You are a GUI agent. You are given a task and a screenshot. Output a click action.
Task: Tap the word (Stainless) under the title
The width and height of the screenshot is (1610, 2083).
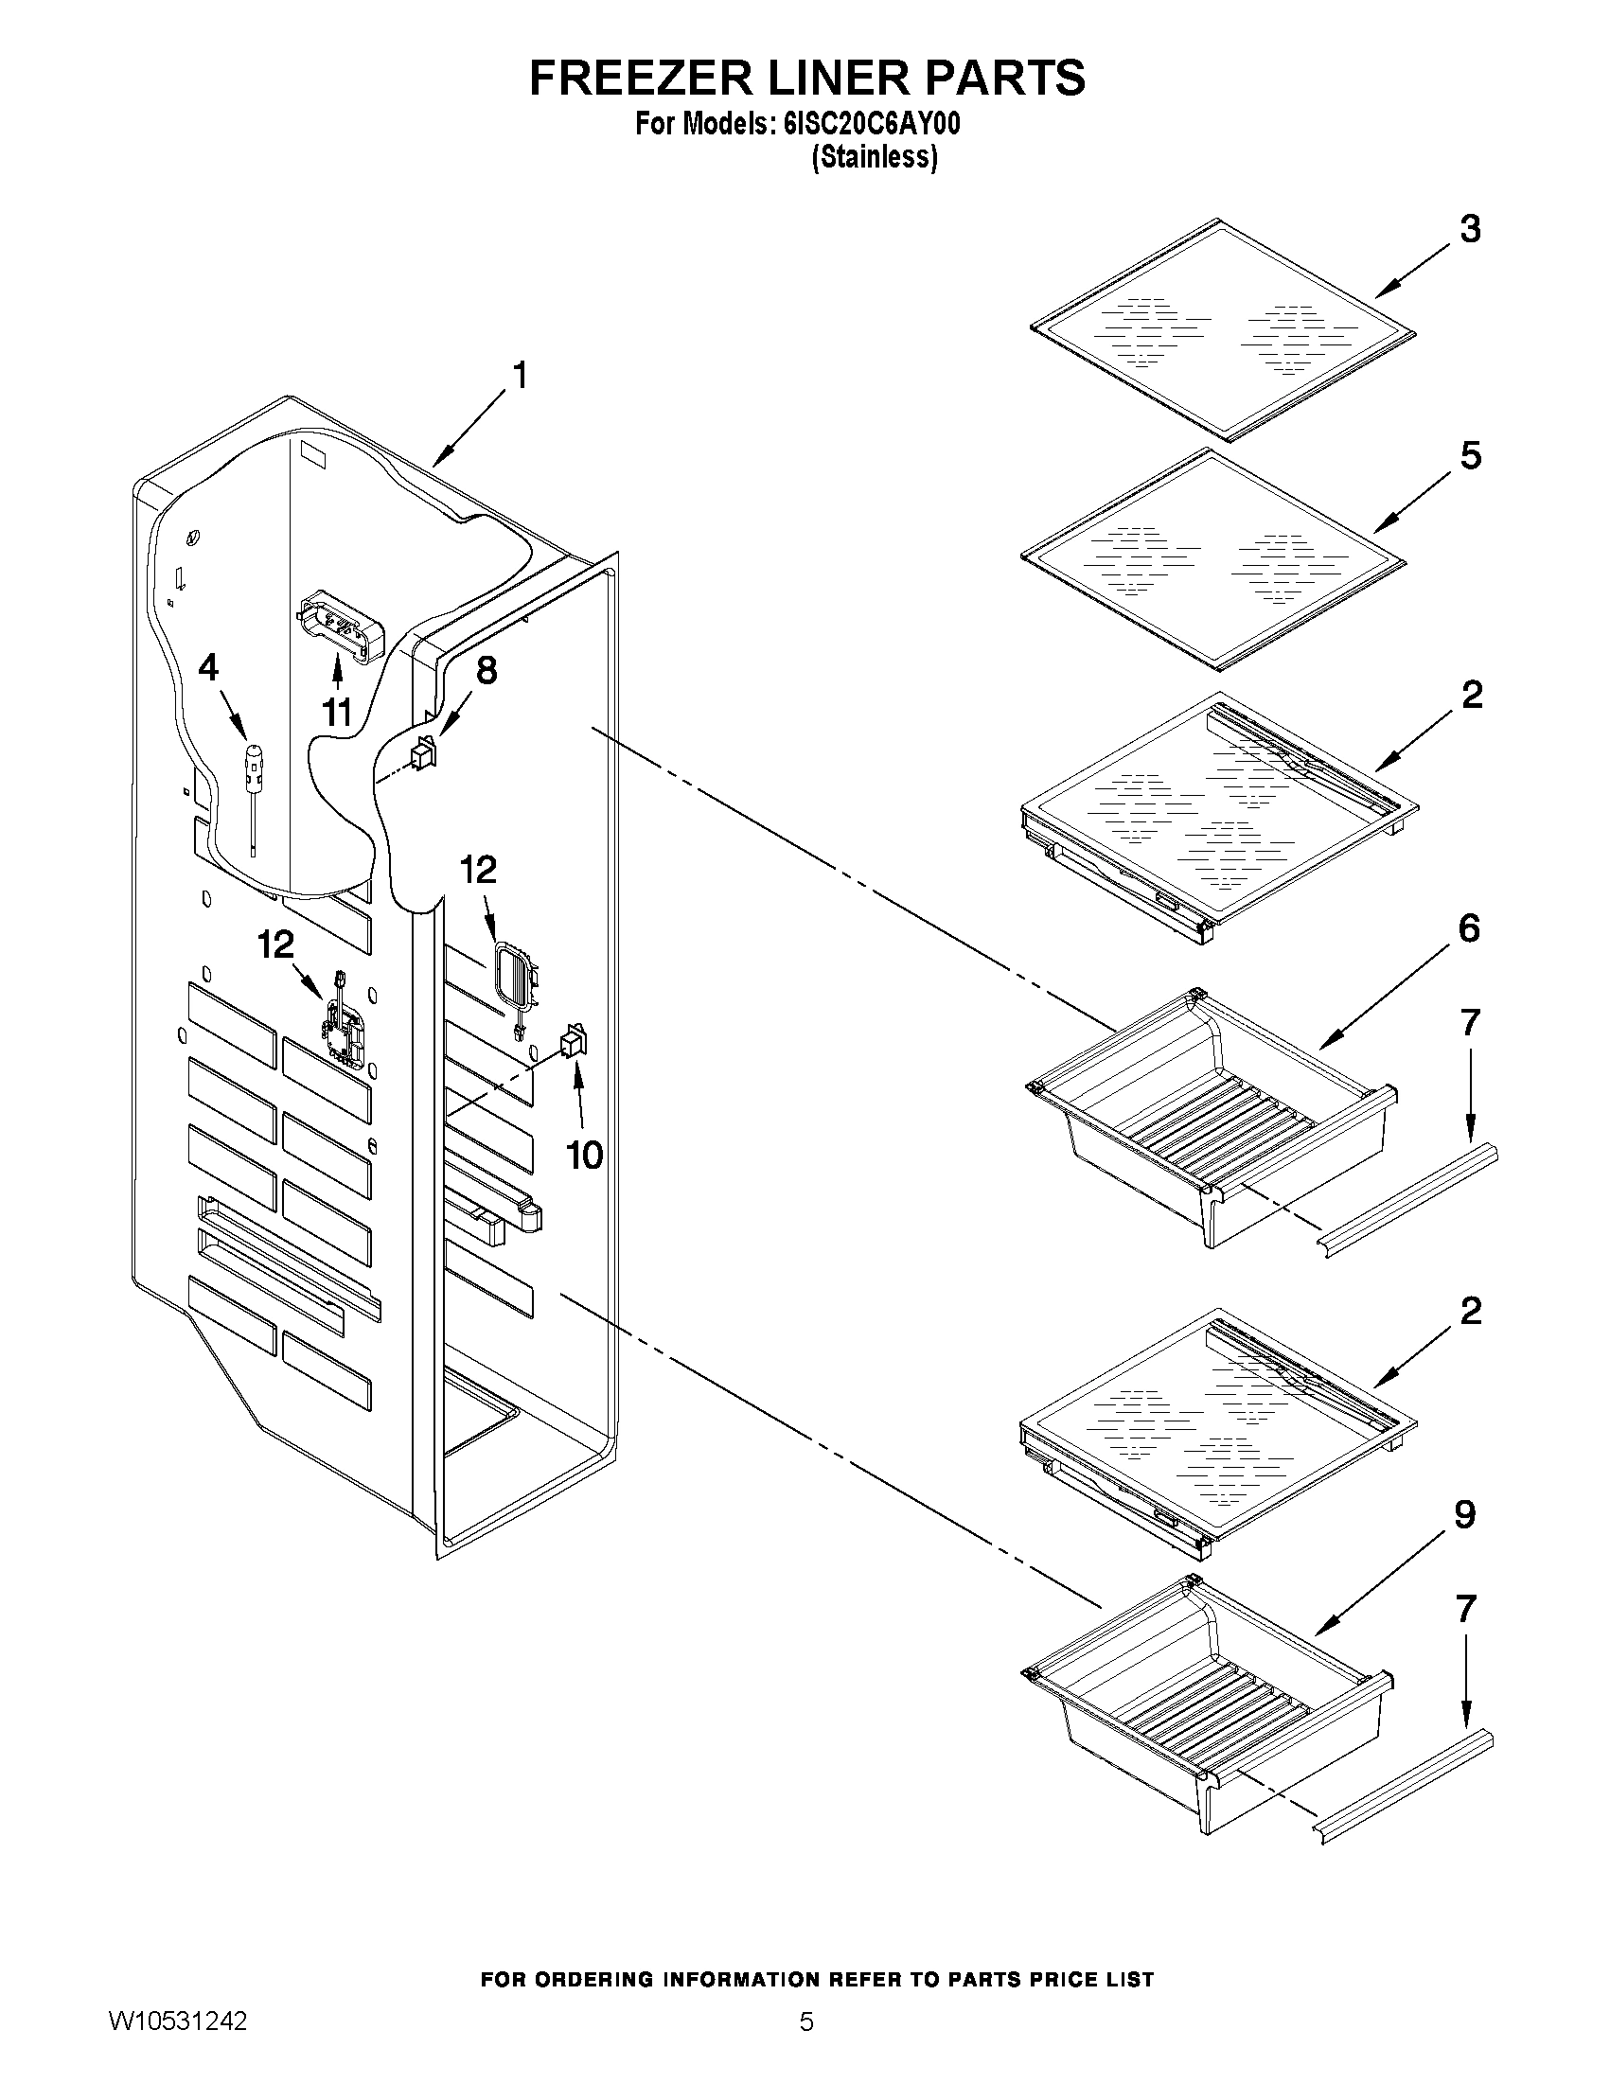click(x=874, y=158)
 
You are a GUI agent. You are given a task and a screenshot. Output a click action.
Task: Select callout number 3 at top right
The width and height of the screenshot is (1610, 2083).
click(x=1470, y=230)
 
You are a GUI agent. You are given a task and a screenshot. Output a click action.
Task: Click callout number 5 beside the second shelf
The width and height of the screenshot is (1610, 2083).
click(x=1470, y=456)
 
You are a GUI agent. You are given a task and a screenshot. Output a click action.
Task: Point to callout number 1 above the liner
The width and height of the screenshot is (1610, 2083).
click(x=520, y=376)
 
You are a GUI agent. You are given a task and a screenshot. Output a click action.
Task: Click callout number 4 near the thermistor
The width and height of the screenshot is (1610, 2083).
click(x=208, y=667)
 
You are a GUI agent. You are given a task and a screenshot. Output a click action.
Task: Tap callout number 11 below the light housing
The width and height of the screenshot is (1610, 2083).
click(x=337, y=712)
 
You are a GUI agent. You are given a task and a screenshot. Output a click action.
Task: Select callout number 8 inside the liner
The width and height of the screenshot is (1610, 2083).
click(x=486, y=670)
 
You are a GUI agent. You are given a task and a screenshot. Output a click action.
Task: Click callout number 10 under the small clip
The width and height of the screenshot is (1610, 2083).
click(x=584, y=1156)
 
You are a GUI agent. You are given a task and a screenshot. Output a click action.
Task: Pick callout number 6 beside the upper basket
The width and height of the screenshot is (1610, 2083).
click(x=1469, y=928)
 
